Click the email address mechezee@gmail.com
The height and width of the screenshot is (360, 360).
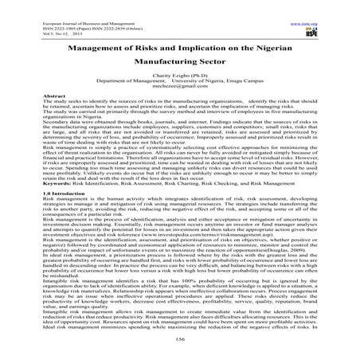coord(179,87)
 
